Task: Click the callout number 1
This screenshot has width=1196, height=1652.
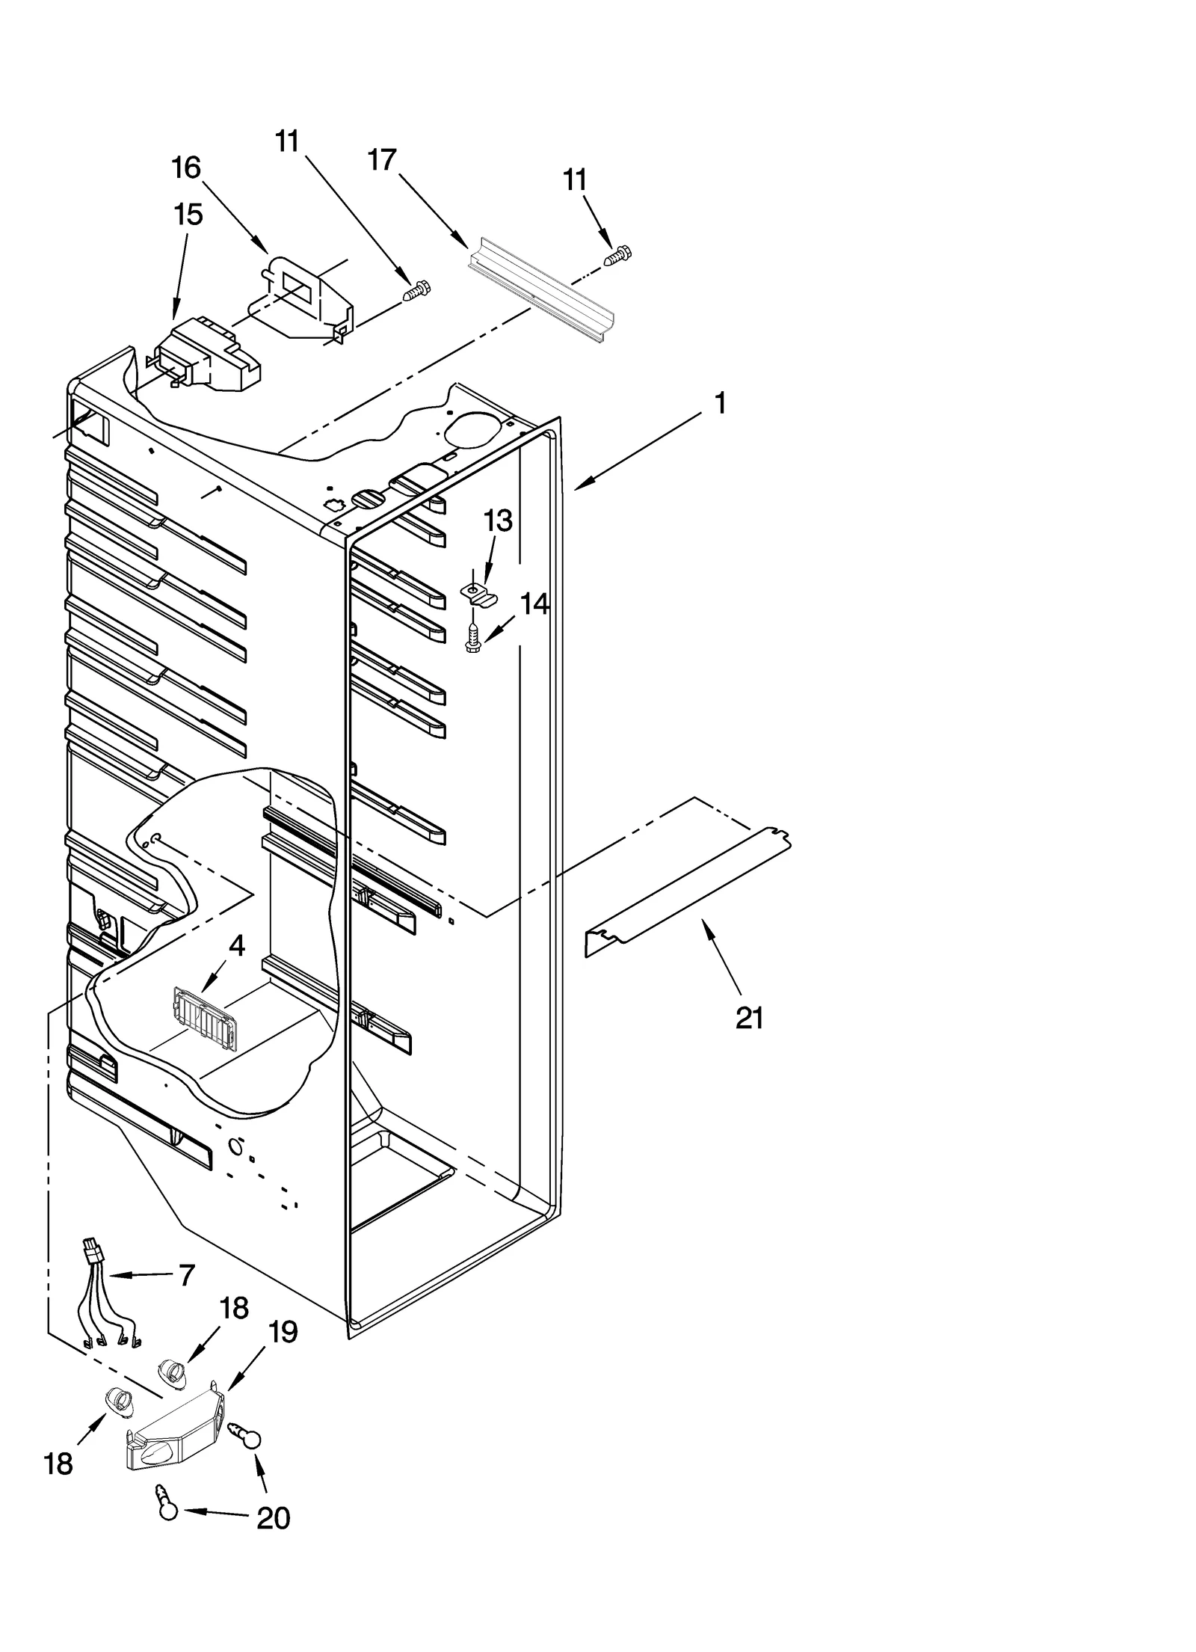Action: pyautogui.click(x=720, y=405)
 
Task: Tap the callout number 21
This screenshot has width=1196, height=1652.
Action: pyautogui.click(x=749, y=1018)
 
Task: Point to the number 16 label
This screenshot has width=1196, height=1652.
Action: pyautogui.click(x=186, y=168)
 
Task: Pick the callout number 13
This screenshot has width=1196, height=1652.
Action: pyautogui.click(x=498, y=521)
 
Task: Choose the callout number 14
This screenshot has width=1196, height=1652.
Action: pyautogui.click(x=534, y=604)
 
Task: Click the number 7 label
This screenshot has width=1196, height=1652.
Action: pyautogui.click(x=187, y=1274)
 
